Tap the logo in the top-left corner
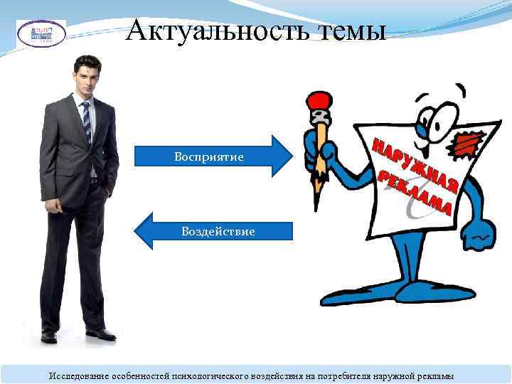point(41,33)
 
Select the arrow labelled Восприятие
point(213,155)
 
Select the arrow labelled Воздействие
point(213,232)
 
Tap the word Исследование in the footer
point(78,375)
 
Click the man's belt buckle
point(93,182)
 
